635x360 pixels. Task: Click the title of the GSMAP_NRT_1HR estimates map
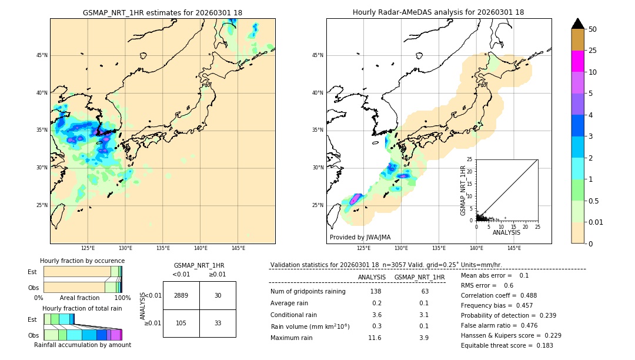coord(162,12)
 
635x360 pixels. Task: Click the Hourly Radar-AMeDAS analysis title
coord(438,12)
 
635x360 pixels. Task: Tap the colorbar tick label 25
coord(593,51)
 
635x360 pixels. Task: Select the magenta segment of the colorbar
coord(578,61)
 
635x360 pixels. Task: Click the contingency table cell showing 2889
coord(181,295)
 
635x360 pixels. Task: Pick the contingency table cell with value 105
coord(181,323)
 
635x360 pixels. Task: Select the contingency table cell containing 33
coord(218,323)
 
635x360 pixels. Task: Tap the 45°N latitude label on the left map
coord(42,55)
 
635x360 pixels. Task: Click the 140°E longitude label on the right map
coord(476,249)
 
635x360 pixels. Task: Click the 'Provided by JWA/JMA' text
coord(360,237)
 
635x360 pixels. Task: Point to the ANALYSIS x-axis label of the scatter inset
coord(506,232)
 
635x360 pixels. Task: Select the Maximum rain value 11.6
coord(375,338)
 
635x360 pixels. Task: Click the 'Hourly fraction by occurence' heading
coord(82,261)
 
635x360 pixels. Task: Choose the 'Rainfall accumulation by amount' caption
coord(82,345)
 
